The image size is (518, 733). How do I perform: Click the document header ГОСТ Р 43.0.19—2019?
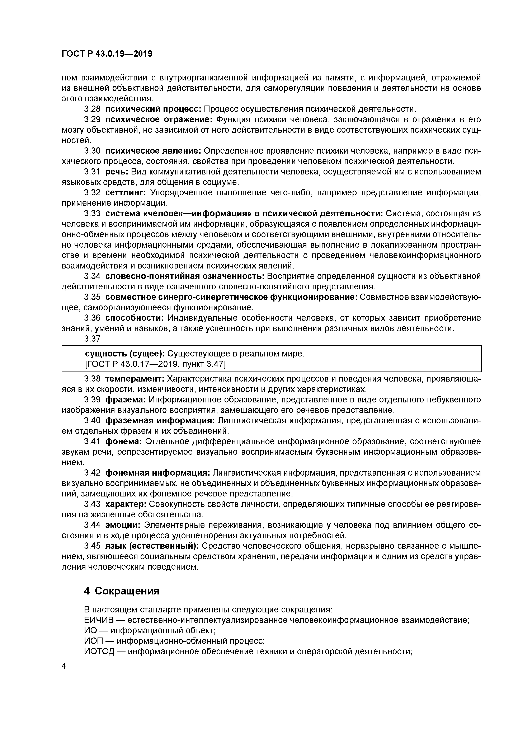pyautogui.click(x=107, y=54)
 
